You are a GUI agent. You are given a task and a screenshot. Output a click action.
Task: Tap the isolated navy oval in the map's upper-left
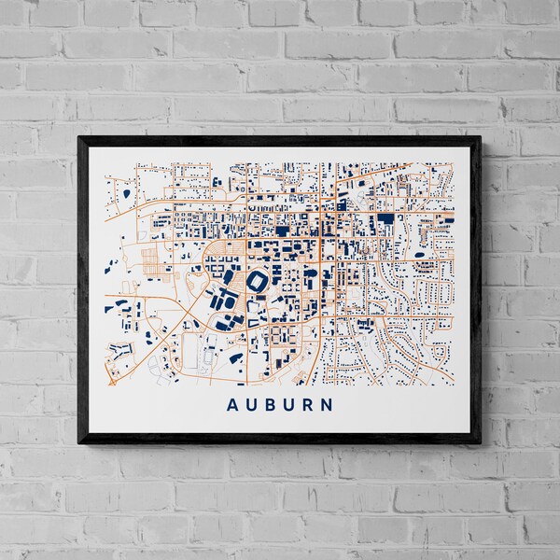pos(125,194)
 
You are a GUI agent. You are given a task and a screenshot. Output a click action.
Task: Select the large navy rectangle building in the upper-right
pos(385,220)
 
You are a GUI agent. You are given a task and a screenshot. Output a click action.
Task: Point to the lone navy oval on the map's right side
pos(418,254)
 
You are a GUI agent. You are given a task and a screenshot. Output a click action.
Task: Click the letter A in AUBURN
pos(232,405)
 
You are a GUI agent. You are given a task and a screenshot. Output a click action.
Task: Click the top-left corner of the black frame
pos(80,138)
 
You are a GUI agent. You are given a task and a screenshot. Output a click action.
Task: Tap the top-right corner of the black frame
pos(480,138)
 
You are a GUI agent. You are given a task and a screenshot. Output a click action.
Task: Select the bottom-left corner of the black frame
pos(80,441)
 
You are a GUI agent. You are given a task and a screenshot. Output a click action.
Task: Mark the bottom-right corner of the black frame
pos(480,441)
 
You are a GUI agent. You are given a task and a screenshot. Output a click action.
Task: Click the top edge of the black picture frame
pos(280,140)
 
